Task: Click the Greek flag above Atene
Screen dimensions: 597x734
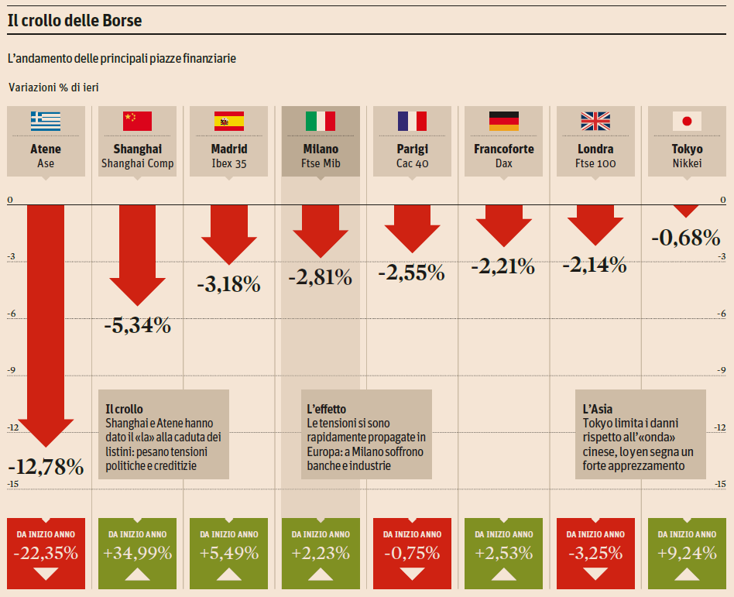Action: point(46,121)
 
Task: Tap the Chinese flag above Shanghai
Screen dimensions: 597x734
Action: point(137,121)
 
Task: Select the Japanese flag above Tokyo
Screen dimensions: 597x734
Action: point(686,121)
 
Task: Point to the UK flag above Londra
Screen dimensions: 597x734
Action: point(595,121)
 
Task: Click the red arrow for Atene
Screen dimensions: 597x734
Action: point(46,325)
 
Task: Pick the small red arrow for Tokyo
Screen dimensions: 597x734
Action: point(685,211)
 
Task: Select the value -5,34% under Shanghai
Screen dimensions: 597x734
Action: point(137,326)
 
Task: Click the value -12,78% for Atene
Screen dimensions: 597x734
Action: point(46,467)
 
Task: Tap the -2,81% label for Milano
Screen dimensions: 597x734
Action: point(321,276)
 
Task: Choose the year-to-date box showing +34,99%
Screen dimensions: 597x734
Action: point(137,553)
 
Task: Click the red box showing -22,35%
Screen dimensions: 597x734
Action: point(46,553)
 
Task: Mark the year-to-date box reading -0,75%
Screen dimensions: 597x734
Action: point(412,553)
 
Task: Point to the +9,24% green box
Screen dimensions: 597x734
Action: point(686,553)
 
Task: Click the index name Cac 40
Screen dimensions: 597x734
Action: point(412,163)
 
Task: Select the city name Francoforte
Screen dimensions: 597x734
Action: point(503,149)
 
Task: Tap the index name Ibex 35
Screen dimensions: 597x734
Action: point(229,163)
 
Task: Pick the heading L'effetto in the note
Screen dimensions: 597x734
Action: point(326,409)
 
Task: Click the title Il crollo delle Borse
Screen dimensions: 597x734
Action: point(74,22)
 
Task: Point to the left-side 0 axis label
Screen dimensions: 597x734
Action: point(10,201)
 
